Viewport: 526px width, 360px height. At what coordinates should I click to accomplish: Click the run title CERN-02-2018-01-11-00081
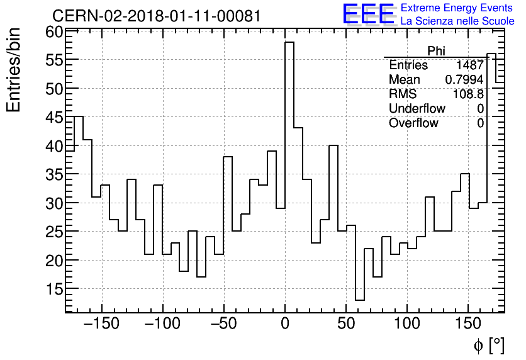[156, 16]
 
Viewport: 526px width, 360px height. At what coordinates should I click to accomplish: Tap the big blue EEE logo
[368, 14]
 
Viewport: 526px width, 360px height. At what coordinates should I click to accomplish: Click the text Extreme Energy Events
[457, 8]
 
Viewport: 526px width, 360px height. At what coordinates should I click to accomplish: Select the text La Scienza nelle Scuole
[457, 21]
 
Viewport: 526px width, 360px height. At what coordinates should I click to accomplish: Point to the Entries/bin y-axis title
[14, 70]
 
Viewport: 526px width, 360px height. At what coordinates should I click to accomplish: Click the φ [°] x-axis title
[488, 346]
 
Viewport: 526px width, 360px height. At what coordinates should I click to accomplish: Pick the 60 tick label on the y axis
[53, 32]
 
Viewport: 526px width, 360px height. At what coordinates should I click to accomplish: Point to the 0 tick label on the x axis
[285, 324]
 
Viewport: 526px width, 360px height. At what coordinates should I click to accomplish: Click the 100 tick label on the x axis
[407, 324]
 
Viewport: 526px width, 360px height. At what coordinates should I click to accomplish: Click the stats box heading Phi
[436, 51]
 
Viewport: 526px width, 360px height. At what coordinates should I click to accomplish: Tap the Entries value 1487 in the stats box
[470, 65]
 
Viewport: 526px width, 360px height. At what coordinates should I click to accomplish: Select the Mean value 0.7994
[464, 80]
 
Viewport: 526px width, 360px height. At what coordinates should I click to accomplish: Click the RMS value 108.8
[468, 94]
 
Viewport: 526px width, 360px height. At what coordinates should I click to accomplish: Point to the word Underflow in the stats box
[417, 109]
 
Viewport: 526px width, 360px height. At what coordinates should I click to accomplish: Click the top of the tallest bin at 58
[289, 42]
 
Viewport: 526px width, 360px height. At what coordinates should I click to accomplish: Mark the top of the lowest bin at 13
[359, 300]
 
